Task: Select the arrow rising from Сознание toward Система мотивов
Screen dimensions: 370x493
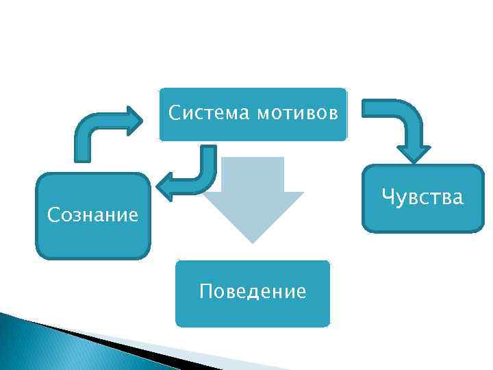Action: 96,130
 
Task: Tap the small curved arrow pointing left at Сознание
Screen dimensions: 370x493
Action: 192,175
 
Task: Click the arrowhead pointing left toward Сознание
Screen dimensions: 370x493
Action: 166,185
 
